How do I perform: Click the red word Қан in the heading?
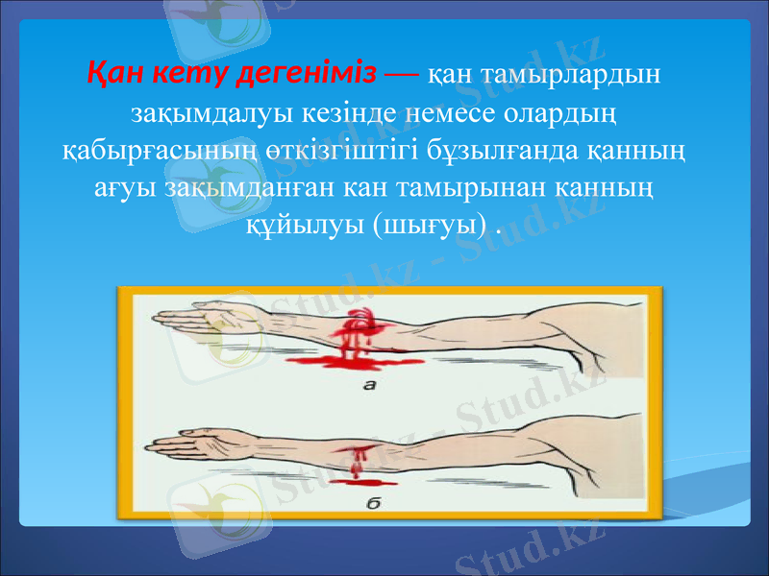click(x=115, y=73)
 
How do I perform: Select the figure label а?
click(x=370, y=386)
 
